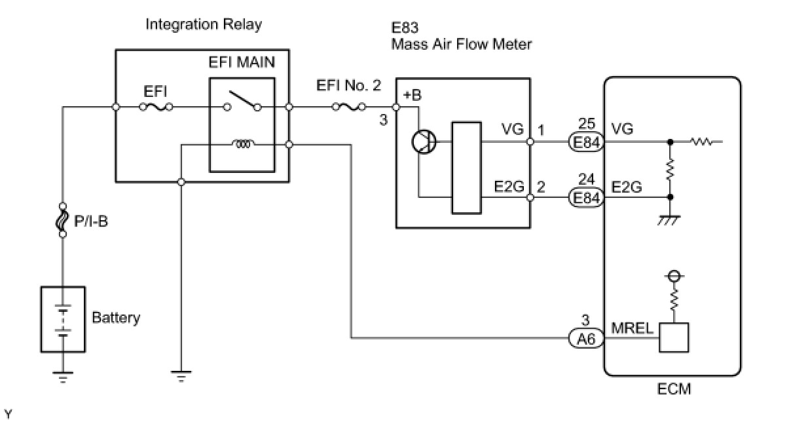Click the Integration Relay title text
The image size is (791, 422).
point(204,25)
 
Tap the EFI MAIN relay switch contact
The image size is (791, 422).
point(242,101)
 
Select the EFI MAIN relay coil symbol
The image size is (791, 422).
point(243,144)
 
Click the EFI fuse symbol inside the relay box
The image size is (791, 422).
point(156,107)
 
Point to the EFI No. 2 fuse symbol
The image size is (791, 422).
point(349,107)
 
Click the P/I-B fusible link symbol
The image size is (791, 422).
point(62,220)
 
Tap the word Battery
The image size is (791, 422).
point(116,318)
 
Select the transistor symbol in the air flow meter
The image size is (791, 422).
point(424,142)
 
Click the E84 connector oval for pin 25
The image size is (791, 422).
point(586,142)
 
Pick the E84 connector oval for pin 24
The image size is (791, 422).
point(586,198)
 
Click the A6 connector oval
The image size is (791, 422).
point(586,339)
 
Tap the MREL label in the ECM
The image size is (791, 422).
point(632,328)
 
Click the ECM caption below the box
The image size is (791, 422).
point(674,389)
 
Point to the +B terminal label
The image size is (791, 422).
point(412,95)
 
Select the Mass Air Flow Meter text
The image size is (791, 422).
point(462,45)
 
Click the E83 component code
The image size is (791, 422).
point(405,28)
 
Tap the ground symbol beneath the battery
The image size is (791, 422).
point(63,377)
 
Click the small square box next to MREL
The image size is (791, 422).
point(674,337)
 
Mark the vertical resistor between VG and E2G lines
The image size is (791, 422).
point(671,170)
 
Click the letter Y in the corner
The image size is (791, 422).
point(8,413)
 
